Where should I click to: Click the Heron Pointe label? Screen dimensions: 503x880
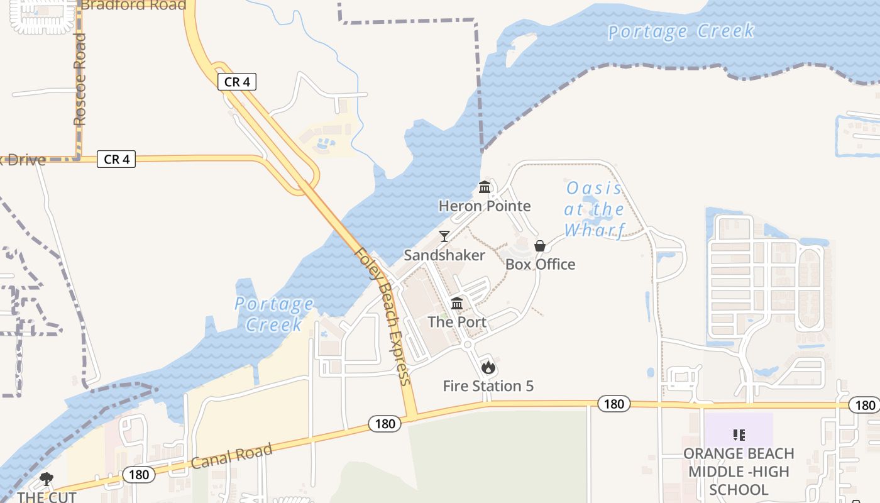(x=485, y=206)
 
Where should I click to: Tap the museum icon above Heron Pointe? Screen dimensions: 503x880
(x=485, y=187)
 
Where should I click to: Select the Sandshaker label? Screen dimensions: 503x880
(x=444, y=255)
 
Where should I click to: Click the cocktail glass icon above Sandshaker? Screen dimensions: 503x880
(x=444, y=236)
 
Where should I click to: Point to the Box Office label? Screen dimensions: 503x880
(x=540, y=264)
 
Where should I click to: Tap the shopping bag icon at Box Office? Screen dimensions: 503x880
(x=539, y=246)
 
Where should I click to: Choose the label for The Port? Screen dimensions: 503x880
(x=457, y=322)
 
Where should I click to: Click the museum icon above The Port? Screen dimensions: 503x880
(x=457, y=304)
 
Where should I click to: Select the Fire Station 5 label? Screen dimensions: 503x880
(x=488, y=386)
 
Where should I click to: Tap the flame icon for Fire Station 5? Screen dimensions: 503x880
(x=488, y=368)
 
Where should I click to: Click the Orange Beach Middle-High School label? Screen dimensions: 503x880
(x=739, y=472)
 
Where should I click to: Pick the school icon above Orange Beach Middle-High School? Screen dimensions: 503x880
(x=739, y=434)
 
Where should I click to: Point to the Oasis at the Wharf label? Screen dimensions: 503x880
(x=594, y=209)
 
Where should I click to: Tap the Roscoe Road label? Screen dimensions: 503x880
(x=79, y=80)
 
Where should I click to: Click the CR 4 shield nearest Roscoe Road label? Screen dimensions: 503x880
(x=116, y=160)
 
